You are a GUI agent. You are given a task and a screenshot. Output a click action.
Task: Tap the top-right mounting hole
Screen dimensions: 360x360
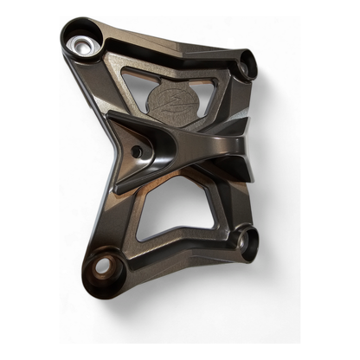[x=247, y=61]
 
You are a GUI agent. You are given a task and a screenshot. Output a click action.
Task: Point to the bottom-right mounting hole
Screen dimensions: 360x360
[x=246, y=243]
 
